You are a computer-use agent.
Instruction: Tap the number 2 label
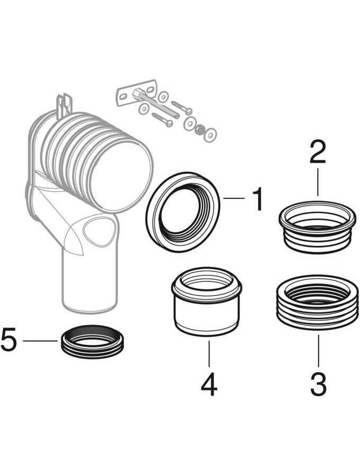318,152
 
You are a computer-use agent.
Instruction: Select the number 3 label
318,384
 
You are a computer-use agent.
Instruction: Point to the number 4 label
209,384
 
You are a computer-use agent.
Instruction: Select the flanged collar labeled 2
318,227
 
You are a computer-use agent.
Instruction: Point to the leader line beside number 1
234,198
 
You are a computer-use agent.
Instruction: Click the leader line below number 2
318,182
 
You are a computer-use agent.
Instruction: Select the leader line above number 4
209,354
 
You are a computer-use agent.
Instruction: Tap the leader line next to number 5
40,341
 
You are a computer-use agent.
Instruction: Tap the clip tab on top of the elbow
65,106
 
